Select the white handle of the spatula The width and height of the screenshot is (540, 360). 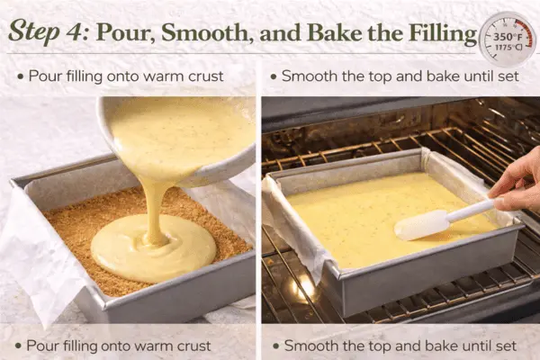tap(472, 209)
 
